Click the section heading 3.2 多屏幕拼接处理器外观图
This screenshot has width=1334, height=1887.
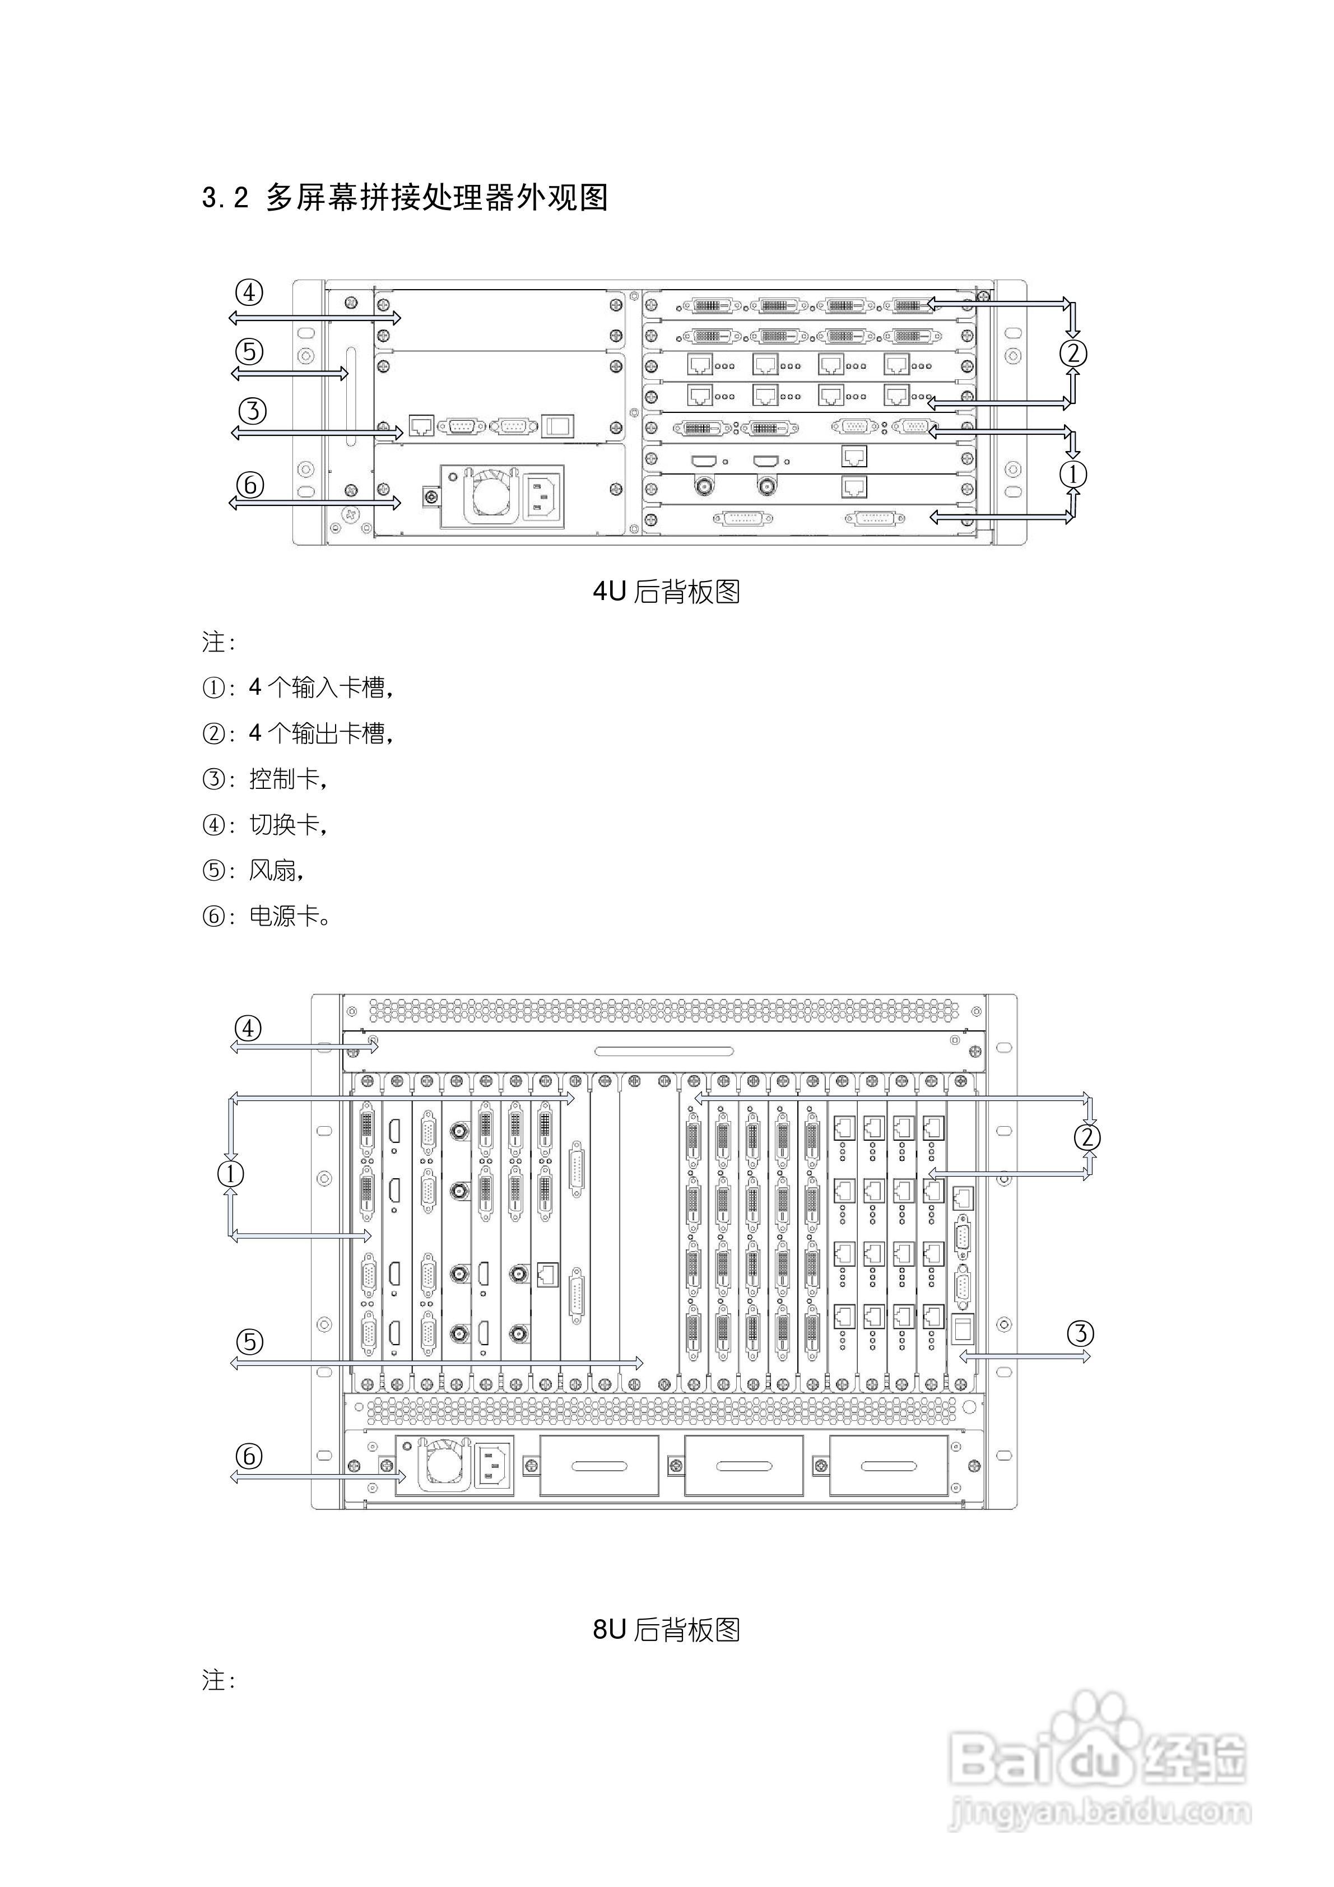pyautogui.click(x=405, y=198)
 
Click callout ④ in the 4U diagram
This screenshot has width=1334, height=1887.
pyautogui.click(x=249, y=292)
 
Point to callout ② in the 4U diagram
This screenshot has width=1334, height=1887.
pyautogui.click(x=1072, y=354)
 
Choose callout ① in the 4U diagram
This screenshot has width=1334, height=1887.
pyautogui.click(x=1072, y=474)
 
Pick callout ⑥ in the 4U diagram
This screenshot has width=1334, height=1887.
pyautogui.click(x=250, y=484)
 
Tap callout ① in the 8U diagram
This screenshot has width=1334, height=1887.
pyautogui.click(x=231, y=1174)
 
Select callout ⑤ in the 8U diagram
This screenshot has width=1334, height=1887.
pyautogui.click(x=249, y=1342)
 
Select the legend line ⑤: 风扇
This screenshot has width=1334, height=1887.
pyautogui.click(x=253, y=870)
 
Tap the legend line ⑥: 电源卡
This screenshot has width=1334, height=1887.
pyautogui.click(x=266, y=915)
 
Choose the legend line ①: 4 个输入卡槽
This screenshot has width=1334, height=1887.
pyautogui.click(x=298, y=687)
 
